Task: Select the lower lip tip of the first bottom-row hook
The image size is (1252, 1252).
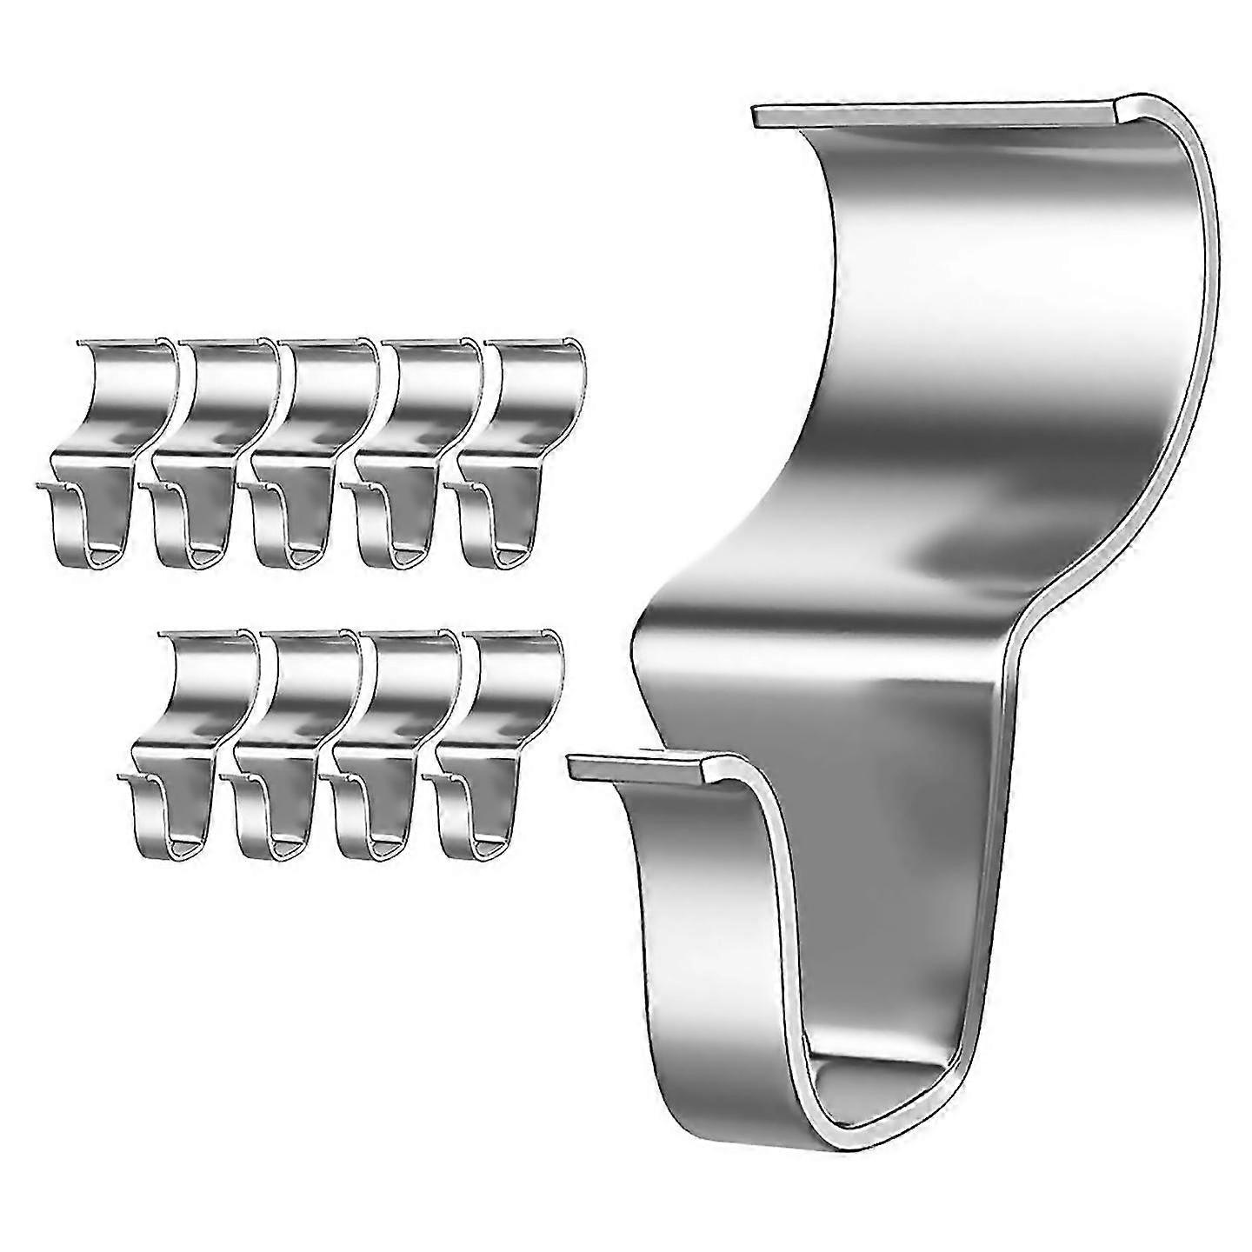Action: click(x=123, y=774)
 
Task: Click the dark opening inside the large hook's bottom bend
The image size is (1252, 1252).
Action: click(x=878, y=1078)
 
